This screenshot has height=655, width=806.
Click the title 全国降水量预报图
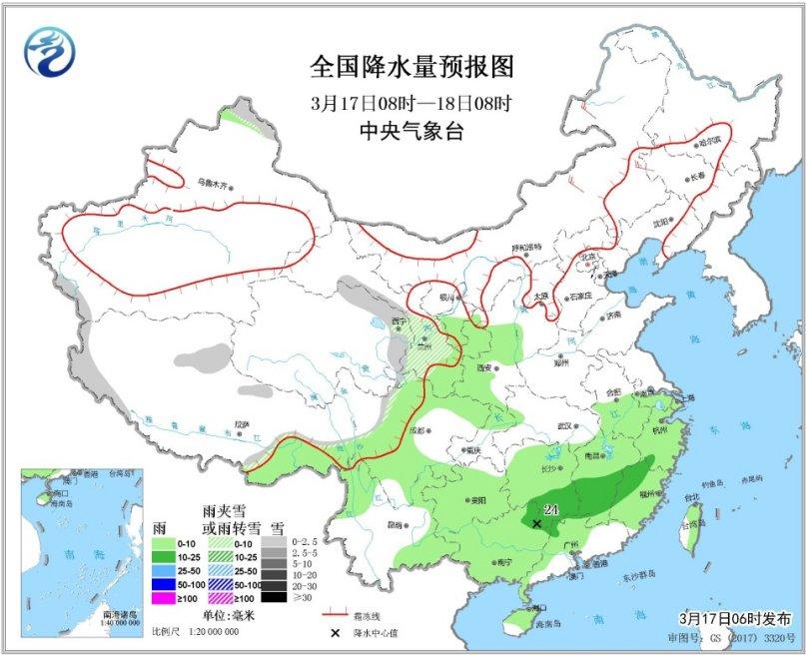[411, 68]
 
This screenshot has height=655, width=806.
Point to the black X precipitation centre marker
[537, 523]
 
